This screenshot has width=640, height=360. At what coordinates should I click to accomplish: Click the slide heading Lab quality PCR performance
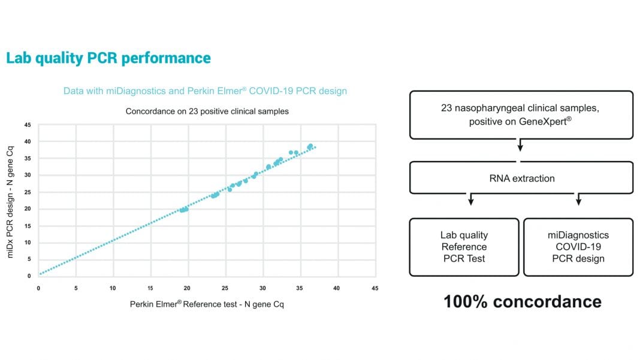coord(108,58)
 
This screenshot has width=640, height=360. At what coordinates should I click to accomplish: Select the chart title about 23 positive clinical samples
coord(207,111)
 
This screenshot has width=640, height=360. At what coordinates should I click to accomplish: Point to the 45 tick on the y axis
coord(28,125)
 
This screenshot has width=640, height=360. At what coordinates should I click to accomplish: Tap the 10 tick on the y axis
coord(28,243)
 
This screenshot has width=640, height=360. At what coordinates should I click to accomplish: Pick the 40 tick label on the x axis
coord(337,288)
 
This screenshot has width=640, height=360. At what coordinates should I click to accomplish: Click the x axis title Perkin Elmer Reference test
coord(207,304)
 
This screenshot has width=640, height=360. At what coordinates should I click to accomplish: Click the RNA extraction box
coord(521,178)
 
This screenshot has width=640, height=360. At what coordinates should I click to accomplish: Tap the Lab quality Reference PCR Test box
coord(464,247)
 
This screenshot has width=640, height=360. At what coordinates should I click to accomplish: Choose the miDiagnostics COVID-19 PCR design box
coord(578,247)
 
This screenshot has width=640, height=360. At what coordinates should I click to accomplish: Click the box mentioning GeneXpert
coord(521,114)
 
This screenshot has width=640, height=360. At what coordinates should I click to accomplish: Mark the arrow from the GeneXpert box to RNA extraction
coord(520,145)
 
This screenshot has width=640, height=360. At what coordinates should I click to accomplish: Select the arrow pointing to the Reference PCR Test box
coord(471,200)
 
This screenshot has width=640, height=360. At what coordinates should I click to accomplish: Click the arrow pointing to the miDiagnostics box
coord(578,200)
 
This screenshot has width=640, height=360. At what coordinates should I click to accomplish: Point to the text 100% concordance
coord(522,301)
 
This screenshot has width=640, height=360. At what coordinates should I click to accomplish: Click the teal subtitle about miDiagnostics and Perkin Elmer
coord(205,91)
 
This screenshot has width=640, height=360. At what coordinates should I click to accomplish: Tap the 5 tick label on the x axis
coord(76,288)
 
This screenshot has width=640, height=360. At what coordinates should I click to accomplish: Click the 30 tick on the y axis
coord(28,175)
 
